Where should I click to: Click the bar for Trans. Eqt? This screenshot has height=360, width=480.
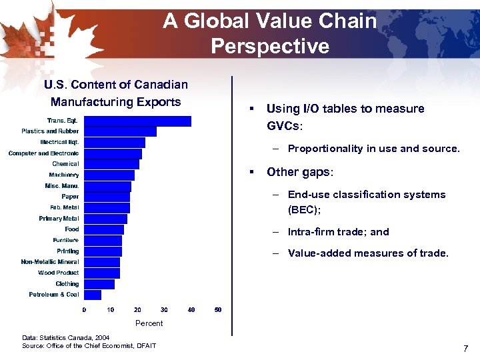(137, 121)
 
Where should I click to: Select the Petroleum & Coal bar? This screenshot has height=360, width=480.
(93, 295)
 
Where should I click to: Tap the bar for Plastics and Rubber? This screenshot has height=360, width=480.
(120, 131)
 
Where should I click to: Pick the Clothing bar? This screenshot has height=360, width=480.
(99, 284)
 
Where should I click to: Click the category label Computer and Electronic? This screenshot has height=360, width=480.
(43, 153)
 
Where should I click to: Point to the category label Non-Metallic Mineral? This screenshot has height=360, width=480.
(50, 262)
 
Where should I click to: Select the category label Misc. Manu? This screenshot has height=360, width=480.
(61, 186)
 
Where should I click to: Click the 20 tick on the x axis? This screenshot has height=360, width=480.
(137, 310)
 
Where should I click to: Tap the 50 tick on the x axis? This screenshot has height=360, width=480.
(218, 310)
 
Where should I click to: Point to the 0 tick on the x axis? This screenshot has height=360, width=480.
(84, 310)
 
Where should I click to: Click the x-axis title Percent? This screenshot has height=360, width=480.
(149, 323)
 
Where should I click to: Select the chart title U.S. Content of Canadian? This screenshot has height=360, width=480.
(116, 85)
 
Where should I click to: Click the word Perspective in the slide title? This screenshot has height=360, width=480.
(270, 46)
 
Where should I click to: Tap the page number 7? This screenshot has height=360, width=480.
(465, 349)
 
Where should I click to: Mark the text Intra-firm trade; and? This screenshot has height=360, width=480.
(338, 232)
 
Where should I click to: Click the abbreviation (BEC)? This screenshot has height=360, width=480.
(304, 209)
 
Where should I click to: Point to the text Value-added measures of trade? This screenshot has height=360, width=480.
(368, 253)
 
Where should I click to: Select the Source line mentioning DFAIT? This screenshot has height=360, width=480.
(89, 345)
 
